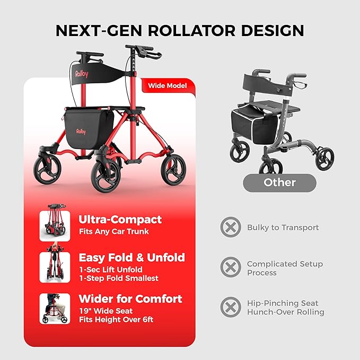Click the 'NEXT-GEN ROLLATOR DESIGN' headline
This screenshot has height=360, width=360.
coord(180,30)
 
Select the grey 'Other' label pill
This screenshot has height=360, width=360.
coord(279,182)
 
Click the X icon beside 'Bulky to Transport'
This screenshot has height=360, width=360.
coord(230,227)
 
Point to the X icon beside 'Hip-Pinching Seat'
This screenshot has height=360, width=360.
coord(230,307)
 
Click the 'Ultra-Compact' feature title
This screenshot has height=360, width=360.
coord(120,219)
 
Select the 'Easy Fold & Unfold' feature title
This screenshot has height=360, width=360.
coord(131,258)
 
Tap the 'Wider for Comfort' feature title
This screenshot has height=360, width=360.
coord(130,298)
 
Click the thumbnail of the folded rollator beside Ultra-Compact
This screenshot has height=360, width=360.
coord(55,225)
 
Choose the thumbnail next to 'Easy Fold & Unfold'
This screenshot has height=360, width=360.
coord(55,267)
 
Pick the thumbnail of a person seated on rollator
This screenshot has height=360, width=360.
coord(55,308)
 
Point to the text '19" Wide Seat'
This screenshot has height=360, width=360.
coord(106,311)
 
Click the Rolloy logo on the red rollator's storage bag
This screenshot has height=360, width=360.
coord(81,131)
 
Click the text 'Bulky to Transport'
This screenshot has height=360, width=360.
coord(283,227)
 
